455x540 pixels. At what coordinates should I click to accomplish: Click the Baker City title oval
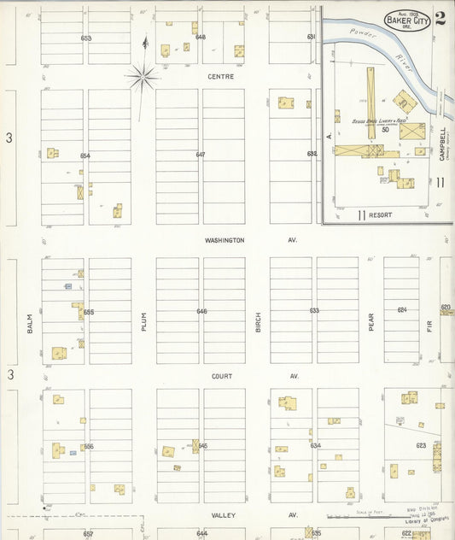(407, 19)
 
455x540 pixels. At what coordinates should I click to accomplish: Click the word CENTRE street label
(220, 77)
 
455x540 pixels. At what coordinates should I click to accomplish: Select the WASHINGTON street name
(225, 240)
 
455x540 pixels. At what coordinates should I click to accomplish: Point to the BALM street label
(30, 322)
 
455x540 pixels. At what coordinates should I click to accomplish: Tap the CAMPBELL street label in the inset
(443, 137)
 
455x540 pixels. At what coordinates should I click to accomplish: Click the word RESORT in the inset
(381, 214)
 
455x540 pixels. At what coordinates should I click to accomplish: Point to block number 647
(201, 155)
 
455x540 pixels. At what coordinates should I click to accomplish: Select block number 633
(314, 311)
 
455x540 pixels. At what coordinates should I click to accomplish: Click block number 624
(401, 309)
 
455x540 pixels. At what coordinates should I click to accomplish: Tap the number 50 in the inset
(385, 130)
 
